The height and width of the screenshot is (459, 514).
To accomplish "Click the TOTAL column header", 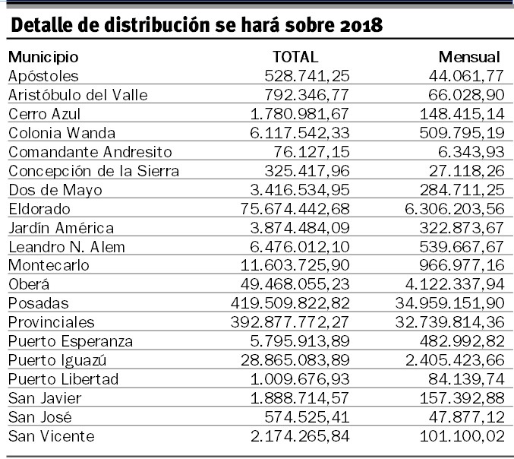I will (295, 57).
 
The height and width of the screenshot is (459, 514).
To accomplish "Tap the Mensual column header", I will (469, 57).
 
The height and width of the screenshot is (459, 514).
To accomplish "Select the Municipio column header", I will (43, 57).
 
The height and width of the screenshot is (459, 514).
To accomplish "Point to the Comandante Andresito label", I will (90, 152).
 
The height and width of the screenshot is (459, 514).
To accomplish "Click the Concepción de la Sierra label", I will (93, 171).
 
